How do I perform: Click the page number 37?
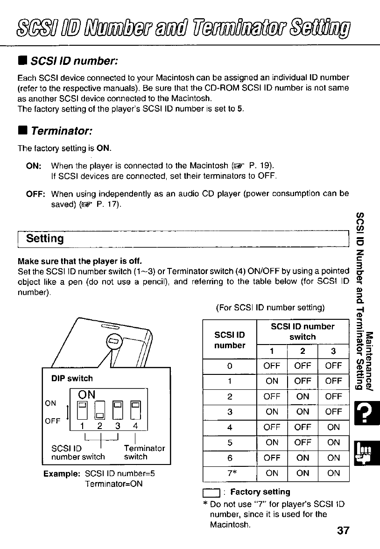pyautogui.click(x=343, y=531)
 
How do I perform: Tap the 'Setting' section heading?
pyautogui.click(x=45, y=239)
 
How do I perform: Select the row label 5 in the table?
pyautogui.click(x=230, y=442)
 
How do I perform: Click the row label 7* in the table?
pyautogui.click(x=230, y=473)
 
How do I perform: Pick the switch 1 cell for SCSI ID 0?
pyautogui.click(x=272, y=366)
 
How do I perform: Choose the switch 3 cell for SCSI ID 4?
pyautogui.click(x=333, y=427)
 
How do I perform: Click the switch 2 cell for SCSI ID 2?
pyautogui.click(x=303, y=396)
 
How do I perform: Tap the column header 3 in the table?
pyautogui.click(x=333, y=351)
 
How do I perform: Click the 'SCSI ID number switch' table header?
pyautogui.click(x=303, y=331)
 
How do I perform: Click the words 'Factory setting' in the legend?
pyautogui.click(x=260, y=492)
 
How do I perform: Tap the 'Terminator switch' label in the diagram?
pyautogui.click(x=144, y=452)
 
